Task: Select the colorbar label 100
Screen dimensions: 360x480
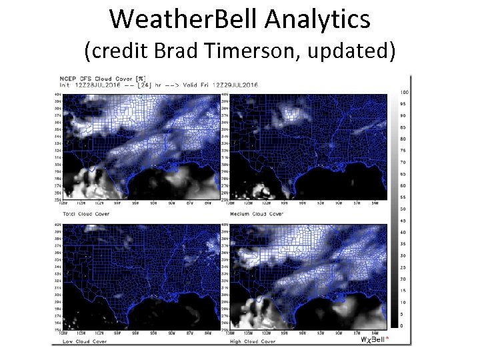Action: coord(404,91)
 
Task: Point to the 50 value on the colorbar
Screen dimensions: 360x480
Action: coord(403,209)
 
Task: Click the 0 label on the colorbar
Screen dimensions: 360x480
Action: coord(402,325)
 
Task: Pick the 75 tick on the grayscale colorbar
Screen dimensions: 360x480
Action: coord(403,150)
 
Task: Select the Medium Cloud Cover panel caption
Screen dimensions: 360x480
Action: coord(257,214)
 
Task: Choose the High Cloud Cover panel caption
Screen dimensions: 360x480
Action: coord(254,341)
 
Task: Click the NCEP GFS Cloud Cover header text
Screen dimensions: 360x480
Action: coord(97,78)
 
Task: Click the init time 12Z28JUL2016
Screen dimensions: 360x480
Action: coord(98,84)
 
